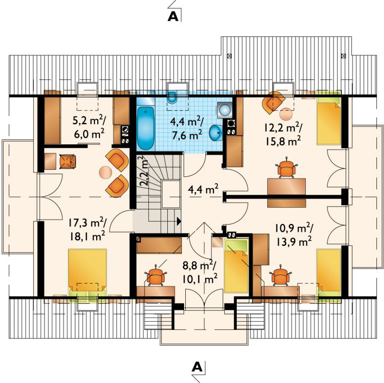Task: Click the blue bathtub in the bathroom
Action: (146, 129)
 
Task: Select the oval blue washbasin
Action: (216, 133)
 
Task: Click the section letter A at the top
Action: (173, 16)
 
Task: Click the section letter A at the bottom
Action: (197, 367)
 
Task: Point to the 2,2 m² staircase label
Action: (144, 171)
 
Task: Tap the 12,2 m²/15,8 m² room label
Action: (283, 135)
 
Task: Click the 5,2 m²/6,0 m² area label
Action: (89, 127)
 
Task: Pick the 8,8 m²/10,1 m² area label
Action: (200, 272)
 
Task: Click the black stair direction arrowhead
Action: (179, 221)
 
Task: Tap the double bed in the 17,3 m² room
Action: (87, 273)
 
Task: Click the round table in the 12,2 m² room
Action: (286, 114)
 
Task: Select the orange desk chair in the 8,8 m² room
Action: (155, 276)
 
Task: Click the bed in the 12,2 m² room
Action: (329, 118)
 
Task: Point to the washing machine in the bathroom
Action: (224, 110)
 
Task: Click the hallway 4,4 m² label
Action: (203, 189)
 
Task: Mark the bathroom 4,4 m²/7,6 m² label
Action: (187, 128)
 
